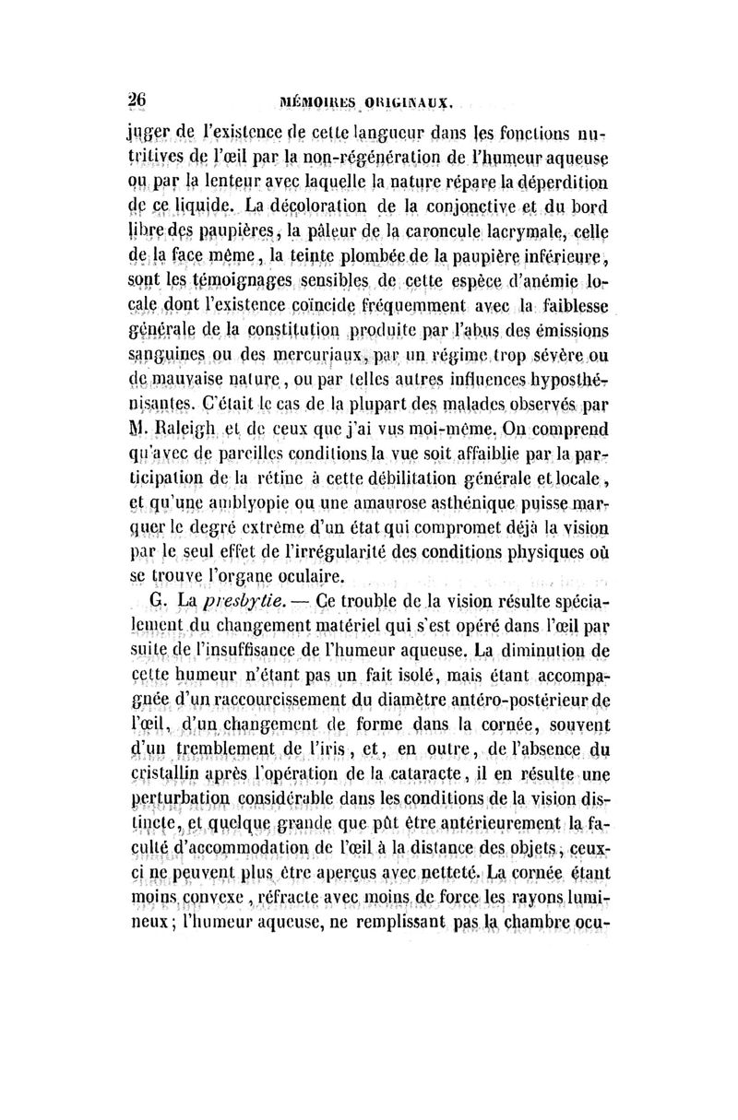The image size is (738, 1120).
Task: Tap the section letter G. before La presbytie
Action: [x=158, y=601]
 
